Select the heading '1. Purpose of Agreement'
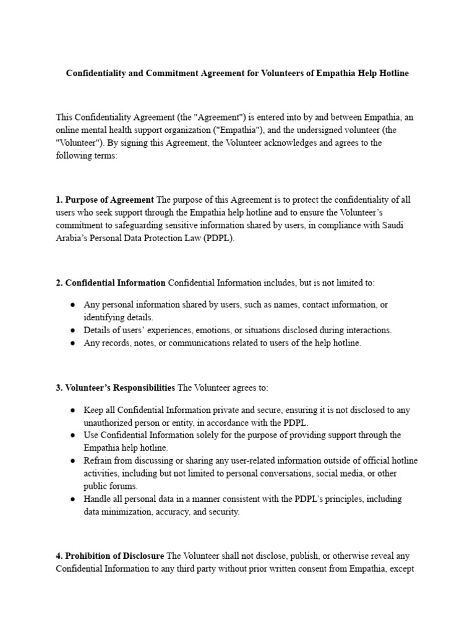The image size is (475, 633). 105,200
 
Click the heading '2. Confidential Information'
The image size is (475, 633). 111,283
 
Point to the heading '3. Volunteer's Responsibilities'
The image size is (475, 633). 116,388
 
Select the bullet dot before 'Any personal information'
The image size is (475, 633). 72,305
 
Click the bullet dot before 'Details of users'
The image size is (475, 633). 72,330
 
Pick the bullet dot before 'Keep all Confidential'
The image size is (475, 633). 72,410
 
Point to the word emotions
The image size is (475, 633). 214,330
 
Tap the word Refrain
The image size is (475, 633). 99,461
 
